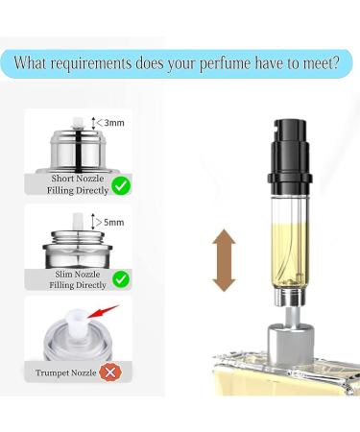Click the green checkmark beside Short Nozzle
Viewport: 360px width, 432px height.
point(121,183)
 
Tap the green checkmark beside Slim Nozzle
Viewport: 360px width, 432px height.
point(121,279)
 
